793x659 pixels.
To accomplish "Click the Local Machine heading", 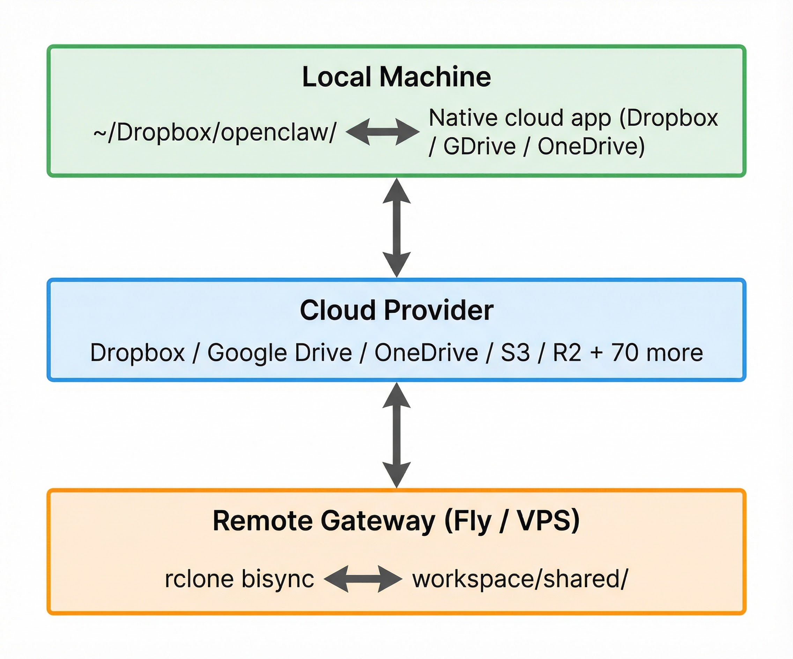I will pos(396,77).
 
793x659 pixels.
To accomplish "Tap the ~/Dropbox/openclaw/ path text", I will pos(215,133).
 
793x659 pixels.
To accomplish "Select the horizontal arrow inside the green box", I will pos(383,132).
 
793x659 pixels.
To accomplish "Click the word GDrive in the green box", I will pos(479,147).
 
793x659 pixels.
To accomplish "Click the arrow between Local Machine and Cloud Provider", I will pos(396,228).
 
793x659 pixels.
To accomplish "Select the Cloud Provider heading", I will pos(396,310).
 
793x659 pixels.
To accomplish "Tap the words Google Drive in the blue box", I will pos(280,353).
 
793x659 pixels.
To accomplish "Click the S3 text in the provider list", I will pos(515,353).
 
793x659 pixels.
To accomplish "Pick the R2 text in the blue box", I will pos(567,353).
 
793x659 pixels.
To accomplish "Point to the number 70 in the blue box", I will pos(624,353).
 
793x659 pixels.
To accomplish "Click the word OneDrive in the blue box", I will pos(426,353).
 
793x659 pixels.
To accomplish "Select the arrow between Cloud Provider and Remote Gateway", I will pos(396,435).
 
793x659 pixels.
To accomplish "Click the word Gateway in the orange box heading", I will pos(378,521).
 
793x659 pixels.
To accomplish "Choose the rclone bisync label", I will pos(239,579).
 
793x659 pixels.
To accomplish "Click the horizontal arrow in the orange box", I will pos(363,579).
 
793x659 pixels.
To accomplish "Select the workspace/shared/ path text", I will pos(520,579).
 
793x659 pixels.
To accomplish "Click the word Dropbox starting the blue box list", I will pos(138,353).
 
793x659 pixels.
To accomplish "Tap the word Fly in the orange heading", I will pos(472,521).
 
